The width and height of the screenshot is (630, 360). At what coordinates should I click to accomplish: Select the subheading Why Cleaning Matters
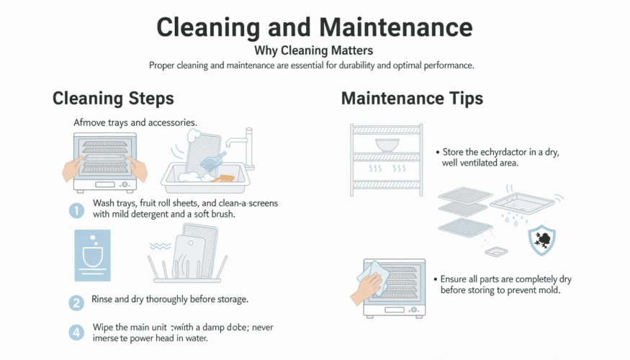click(x=315, y=51)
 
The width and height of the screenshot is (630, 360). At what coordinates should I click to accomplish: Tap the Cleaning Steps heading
click(x=113, y=98)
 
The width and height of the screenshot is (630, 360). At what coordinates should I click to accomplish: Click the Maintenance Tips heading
click(x=412, y=98)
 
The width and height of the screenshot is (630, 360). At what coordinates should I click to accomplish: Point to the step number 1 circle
click(x=77, y=210)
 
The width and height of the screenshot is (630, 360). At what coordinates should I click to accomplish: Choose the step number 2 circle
click(x=77, y=303)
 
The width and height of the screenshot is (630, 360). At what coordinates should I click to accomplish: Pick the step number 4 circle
click(x=77, y=333)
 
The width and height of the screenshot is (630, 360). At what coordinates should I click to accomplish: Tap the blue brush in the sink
click(x=214, y=160)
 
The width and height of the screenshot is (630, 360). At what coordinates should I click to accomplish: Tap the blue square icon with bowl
click(x=92, y=255)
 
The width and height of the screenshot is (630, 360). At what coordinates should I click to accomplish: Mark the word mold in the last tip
click(x=549, y=290)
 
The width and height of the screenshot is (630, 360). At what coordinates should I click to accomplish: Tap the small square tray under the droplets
click(x=496, y=252)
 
